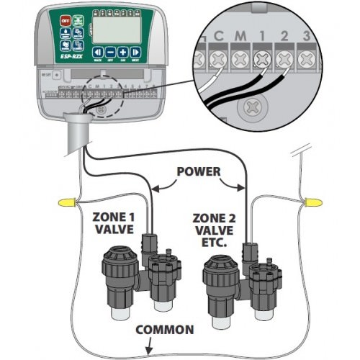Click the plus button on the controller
click(123, 52)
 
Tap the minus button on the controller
click(111, 52)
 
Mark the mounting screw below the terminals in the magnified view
click(250, 109)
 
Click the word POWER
click(197, 174)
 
